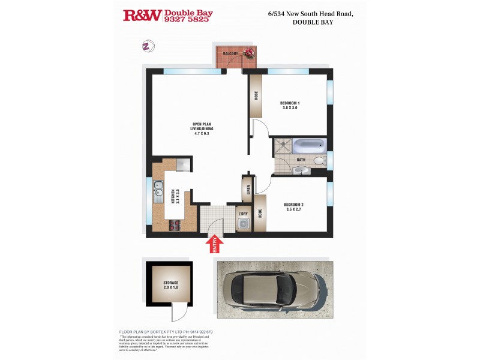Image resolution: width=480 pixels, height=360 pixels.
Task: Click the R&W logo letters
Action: [x=142, y=15]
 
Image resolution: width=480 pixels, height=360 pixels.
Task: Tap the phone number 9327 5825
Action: [x=188, y=19]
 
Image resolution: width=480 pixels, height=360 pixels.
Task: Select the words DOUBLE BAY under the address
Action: [x=313, y=22]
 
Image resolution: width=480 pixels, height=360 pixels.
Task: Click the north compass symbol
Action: [x=148, y=46]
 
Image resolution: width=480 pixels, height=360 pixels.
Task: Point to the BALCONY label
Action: [x=231, y=54]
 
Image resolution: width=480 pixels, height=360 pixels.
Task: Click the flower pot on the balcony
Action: [x=248, y=53]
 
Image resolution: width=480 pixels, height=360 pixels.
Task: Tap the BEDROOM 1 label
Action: [x=290, y=103]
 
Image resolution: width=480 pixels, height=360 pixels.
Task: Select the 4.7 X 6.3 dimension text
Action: [x=203, y=133]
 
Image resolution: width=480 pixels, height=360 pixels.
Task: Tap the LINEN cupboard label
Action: [x=247, y=190]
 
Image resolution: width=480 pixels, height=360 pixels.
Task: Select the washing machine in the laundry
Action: [x=244, y=224]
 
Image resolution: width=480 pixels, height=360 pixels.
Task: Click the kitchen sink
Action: [x=158, y=191]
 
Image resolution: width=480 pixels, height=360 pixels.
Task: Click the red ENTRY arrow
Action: [x=215, y=244]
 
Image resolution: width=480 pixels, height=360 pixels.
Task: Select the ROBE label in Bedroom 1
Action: [x=256, y=95]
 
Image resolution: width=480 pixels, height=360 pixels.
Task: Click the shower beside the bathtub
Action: [x=283, y=146]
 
